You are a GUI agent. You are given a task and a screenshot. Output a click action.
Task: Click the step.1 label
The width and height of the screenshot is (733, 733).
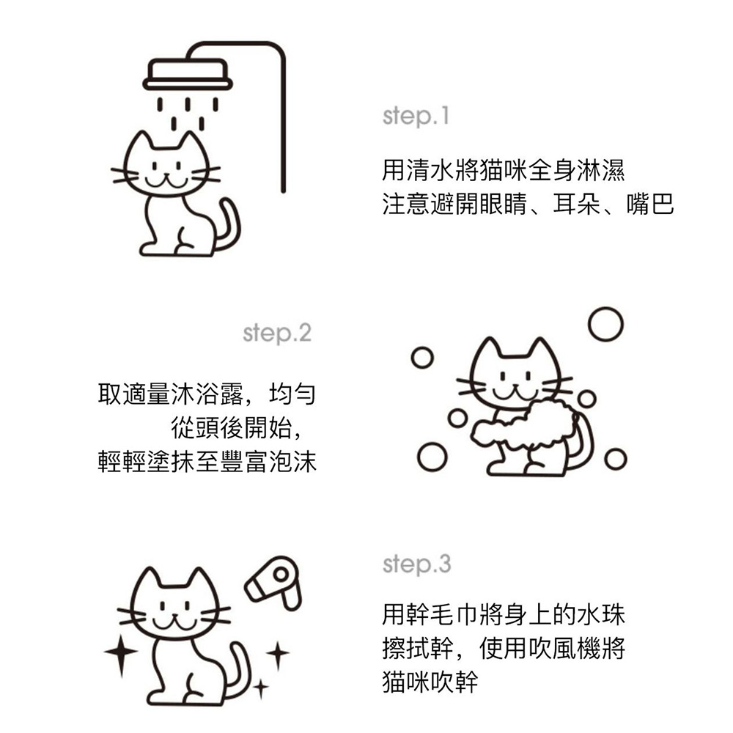[416, 117]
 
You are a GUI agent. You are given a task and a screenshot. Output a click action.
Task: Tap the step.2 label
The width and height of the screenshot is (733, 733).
[277, 334]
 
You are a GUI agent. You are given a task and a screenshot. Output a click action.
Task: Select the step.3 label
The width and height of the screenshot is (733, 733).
[416, 564]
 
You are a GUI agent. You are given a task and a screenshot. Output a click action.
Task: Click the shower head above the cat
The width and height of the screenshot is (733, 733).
[188, 74]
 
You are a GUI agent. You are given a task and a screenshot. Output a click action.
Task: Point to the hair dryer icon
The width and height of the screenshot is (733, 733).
[273, 583]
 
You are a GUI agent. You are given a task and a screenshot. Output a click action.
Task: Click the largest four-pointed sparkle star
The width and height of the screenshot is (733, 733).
[121, 651]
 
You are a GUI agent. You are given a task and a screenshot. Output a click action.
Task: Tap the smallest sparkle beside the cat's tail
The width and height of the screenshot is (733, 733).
[260, 688]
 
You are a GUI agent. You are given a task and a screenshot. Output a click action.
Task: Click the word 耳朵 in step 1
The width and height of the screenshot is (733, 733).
[576, 204]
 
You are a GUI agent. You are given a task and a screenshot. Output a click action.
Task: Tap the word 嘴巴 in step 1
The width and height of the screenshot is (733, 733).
[649, 204]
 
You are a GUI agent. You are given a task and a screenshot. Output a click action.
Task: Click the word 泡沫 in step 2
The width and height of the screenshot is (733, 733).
[293, 461]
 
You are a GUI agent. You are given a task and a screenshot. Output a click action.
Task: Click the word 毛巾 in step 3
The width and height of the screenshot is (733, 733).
[443, 615]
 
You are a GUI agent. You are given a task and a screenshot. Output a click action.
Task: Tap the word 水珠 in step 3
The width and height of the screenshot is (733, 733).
[601, 615]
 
